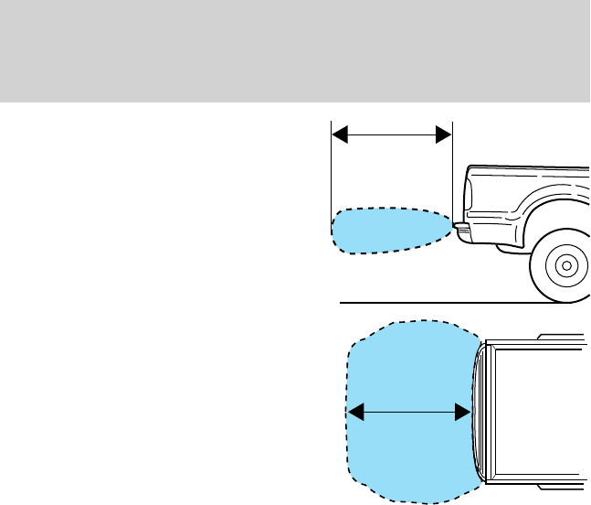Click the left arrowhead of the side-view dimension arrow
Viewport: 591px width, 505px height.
coord(338,134)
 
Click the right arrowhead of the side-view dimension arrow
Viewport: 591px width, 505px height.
coord(444,134)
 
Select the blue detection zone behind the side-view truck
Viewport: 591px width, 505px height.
coord(388,231)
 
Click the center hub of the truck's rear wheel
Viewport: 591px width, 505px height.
coord(566,266)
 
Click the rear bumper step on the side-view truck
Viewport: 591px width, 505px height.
coord(461,230)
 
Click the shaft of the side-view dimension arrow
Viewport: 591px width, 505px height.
coord(391,134)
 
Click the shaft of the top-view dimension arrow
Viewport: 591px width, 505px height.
coord(409,414)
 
